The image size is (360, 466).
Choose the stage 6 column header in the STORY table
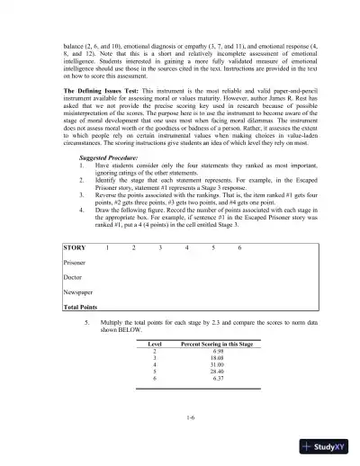point(239,246)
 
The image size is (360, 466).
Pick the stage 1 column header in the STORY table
point(107,246)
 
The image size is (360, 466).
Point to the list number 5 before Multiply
point(86,319)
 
